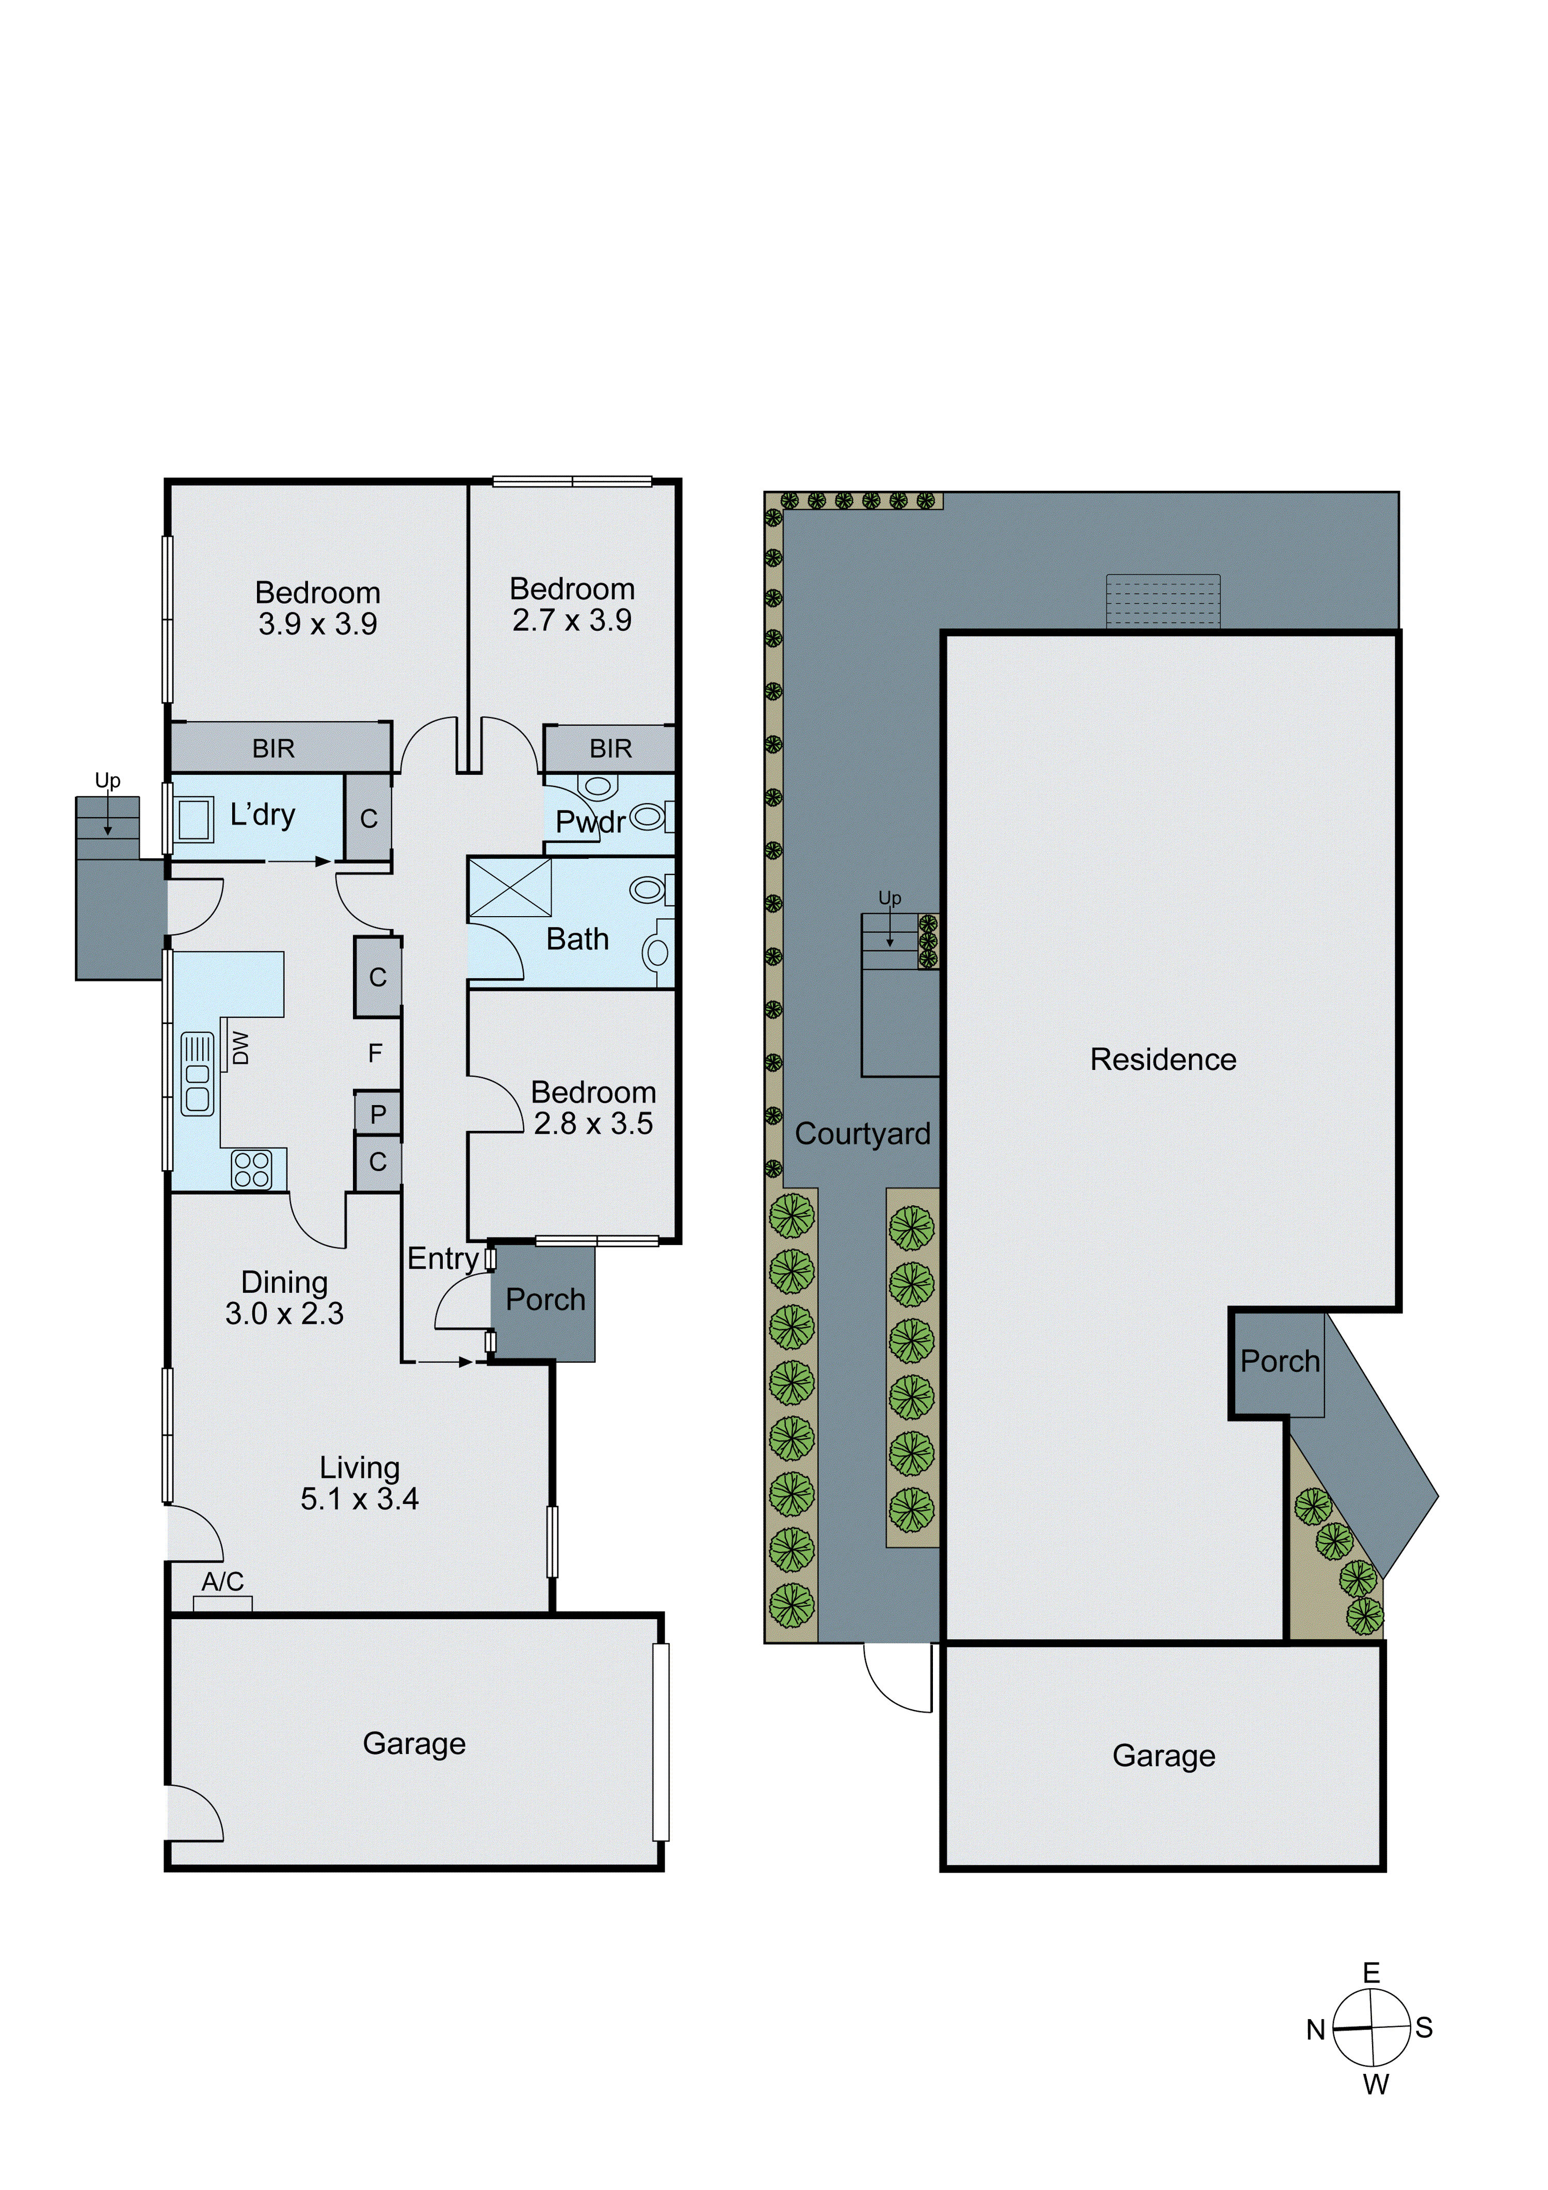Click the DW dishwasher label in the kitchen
tap(240, 1047)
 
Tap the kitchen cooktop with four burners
tap(252, 1170)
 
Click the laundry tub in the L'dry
tap(193, 819)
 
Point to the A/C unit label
tap(222, 1581)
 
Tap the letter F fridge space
tap(375, 1053)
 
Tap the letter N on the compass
tap(1315, 2030)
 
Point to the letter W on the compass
tap(1375, 2084)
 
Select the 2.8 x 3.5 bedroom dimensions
tap(593, 1124)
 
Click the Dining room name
tap(284, 1282)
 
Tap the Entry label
tap(443, 1258)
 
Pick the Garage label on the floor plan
tap(414, 1744)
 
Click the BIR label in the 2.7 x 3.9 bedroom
tap(610, 749)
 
